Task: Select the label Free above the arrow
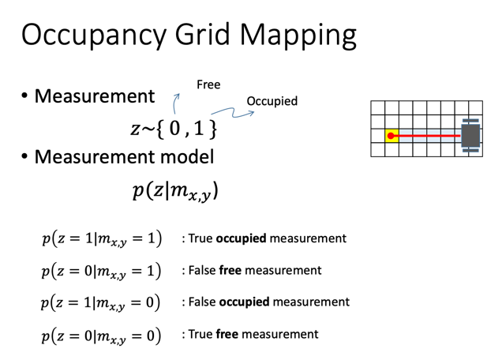208,84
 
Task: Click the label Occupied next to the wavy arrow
272,101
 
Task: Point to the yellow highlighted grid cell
391,136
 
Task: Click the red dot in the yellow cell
391,136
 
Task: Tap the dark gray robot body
471,135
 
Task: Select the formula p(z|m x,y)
175,189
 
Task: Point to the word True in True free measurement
200,335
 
